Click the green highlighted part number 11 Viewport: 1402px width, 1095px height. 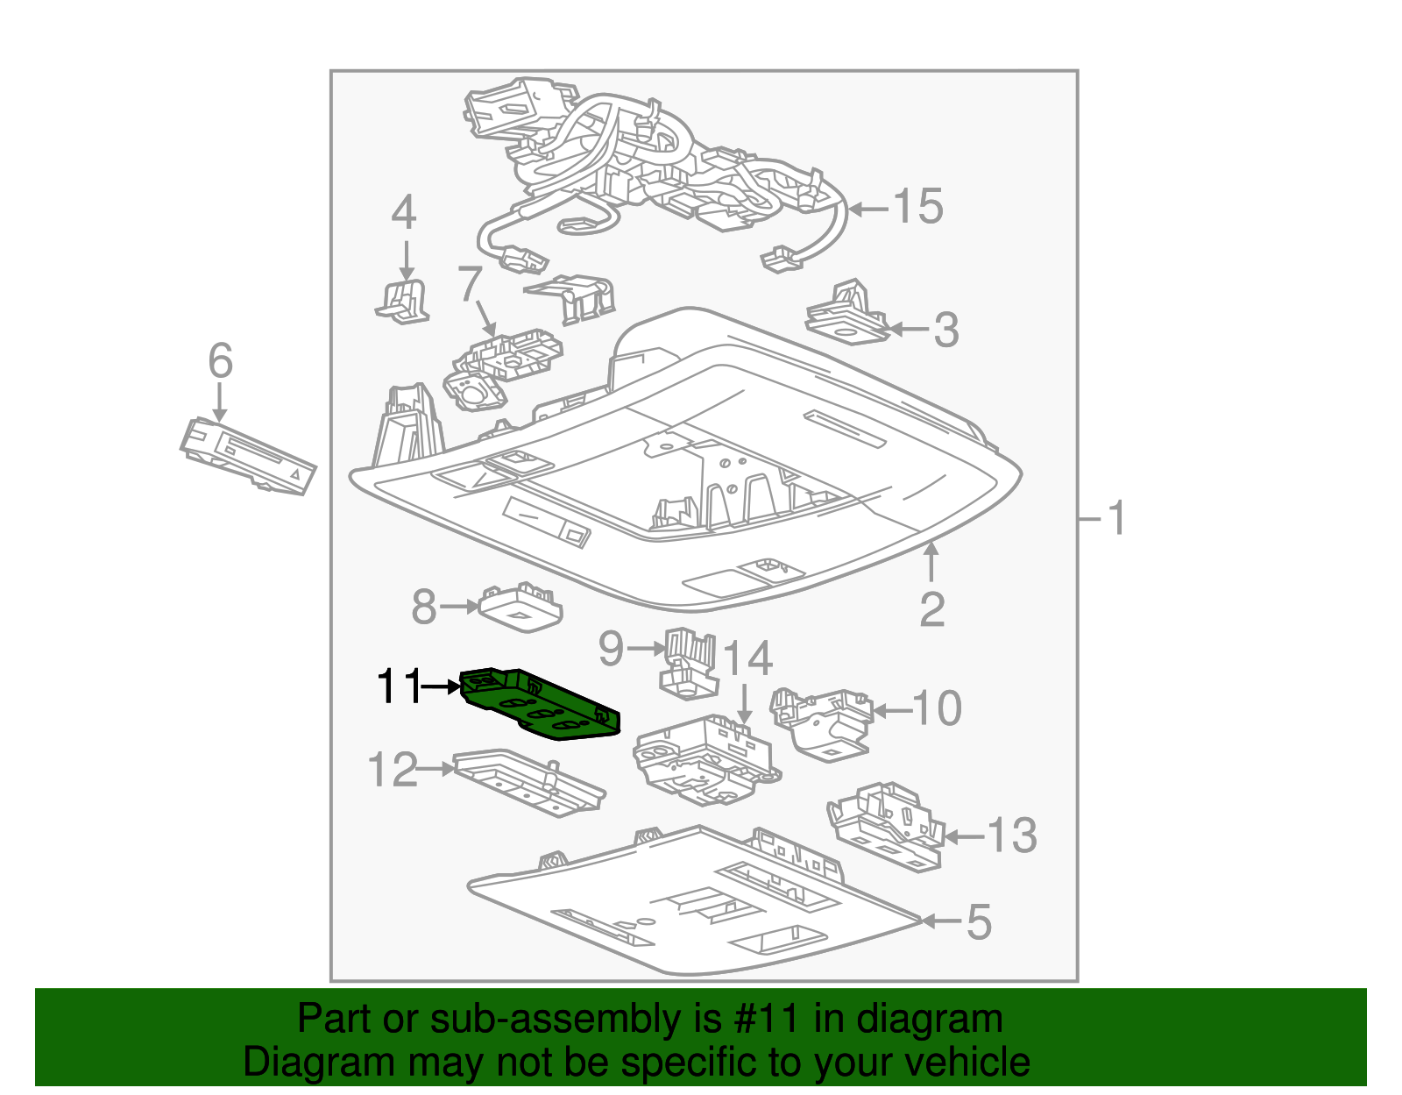[x=539, y=706]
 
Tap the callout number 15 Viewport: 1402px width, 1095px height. [x=917, y=207]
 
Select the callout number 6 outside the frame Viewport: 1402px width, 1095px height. [x=220, y=361]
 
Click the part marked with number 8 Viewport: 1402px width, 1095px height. [x=520, y=606]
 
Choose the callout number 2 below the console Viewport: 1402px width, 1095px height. [x=931, y=609]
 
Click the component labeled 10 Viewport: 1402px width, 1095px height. [x=821, y=721]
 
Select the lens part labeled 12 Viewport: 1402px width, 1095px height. [x=528, y=782]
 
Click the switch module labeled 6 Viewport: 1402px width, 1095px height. [x=248, y=457]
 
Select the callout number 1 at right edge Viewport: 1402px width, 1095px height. [x=1116, y=519]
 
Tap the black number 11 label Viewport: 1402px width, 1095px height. [x=399, y=686]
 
